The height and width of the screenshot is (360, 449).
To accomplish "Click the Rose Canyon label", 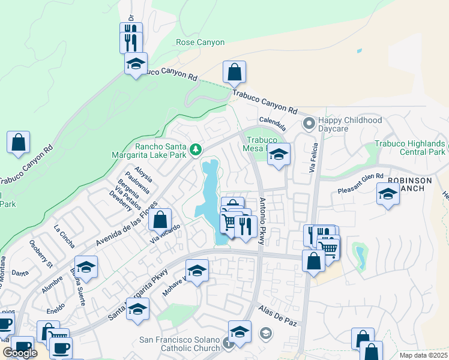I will [200, 43].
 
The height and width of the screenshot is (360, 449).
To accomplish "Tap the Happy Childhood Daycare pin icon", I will [309, 124].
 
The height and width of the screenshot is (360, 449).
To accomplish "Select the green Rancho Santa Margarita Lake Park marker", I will [194, 149].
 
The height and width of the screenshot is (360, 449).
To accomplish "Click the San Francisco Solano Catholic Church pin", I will [228, 343].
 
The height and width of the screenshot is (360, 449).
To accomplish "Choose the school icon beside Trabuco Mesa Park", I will [279, 155].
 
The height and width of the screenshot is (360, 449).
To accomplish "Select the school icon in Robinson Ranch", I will [388, 194].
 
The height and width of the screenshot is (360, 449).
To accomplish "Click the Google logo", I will [20, 353].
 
